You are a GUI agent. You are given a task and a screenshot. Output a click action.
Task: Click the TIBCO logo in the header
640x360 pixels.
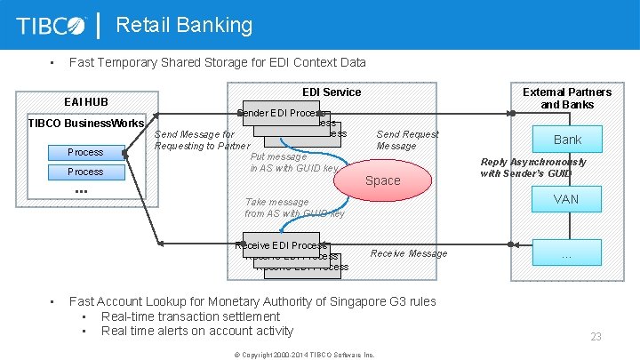click(x=52, y=26)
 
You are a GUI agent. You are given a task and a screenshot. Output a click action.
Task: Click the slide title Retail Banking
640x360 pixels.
click(x=184, y=25)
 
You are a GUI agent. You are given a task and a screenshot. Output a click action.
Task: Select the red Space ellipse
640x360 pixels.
click(x=382, y=180)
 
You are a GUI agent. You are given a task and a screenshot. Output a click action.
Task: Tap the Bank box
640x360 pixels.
click(x=567, y=140)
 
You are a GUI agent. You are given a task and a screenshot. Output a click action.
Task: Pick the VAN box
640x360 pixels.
click(x=565, y=199)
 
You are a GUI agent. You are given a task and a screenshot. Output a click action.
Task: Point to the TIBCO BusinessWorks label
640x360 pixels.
click(x=86, y=123)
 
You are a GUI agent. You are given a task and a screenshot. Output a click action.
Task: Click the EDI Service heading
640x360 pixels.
click(x=332, y=92)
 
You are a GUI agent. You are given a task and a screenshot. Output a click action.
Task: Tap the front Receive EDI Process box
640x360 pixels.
click(x=280, y=245)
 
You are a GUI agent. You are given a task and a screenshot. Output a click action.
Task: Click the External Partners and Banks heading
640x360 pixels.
click(x=566, y=98)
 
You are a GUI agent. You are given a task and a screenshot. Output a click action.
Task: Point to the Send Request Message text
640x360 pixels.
click(x=407, y=140)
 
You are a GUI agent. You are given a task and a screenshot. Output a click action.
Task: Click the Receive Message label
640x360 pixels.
click(x=409, y=253)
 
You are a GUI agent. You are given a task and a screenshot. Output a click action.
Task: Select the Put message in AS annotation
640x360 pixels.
click(x=294, y=163)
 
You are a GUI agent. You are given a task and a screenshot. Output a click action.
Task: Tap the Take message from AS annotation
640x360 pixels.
click(x=294, y=208)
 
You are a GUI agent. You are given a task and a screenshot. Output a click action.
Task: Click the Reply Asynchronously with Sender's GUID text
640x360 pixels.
click(x=533, y=168)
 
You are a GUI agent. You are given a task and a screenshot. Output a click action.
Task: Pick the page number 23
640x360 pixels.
click(x=596, y=337)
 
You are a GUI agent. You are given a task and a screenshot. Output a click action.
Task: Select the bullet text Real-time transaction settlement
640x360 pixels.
click(x=190, y=316)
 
